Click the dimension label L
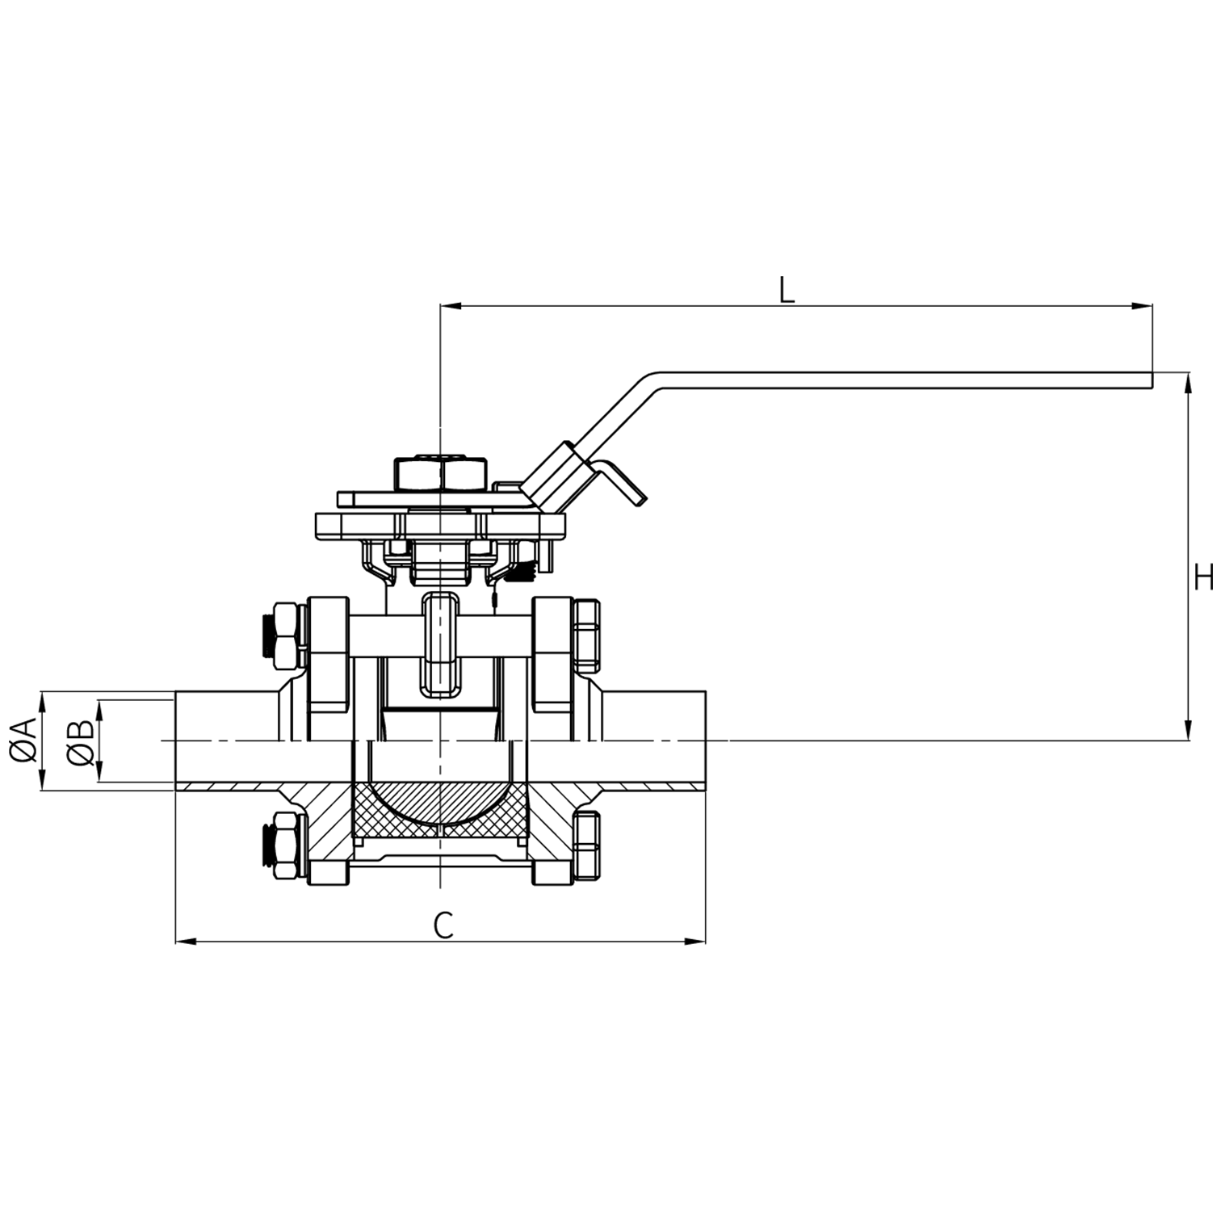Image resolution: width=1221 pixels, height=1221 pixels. click(787, 290)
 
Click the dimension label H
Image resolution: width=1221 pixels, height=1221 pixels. click(1203, 578)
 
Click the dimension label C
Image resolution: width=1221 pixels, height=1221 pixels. click(443, 925)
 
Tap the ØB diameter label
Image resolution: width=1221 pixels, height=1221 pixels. click(81, 741)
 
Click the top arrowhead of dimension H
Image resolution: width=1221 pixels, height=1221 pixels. click(1188, 382)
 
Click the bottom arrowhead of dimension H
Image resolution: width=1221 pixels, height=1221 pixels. click(1188, 730)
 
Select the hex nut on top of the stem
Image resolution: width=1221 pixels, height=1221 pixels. click(441, 474)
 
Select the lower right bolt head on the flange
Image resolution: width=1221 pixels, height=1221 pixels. click(586, 845)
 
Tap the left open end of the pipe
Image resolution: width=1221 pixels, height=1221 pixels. click(177, 740)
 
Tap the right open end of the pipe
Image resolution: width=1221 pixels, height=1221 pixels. click(705, 740)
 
